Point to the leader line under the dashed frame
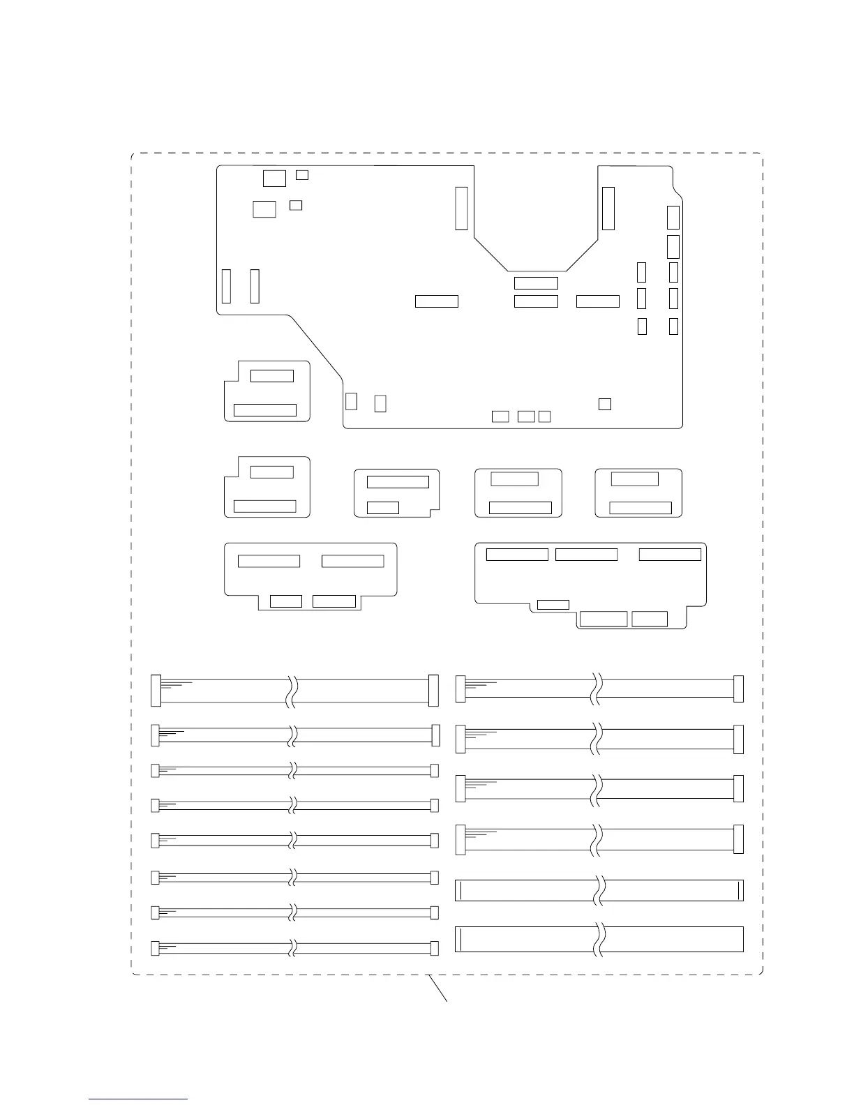pyautogui.click(x=437, y=989)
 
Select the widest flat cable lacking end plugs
pyautogui.click(x=599, y=939)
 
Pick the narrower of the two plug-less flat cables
pyautogui.click(x=599, y=891)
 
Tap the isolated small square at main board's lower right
pyautogui.click(x=605, y=404)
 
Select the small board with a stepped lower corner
pyautogui.click(x=396, y=493)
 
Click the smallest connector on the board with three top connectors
pyautogui.click(x=553, y=604)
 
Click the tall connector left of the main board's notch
pyautogui.click(x=461, y=208)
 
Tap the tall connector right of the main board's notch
pyautogui.click(x=608, y=208)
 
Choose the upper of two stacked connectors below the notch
pyautogui.click(x=536, y=283)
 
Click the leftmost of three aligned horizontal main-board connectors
pyautogui.click(x=437, y=301)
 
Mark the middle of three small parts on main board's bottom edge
pyautogui.click(x=526, y=416)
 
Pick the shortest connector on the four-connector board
pyautogui.click(x=286, y=601)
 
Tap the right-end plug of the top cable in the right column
pyautogui.click(x=739, y=689)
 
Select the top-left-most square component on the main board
pyautogui.click(x=274, y=178)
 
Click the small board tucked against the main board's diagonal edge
pyautogui.click(x=267, y=391)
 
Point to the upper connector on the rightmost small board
pyautogui.click(x=634, y=479)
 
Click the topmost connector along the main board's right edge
pyautogui.click(x=673, y=218)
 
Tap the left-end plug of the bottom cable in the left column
pyautogui.click(x=156, y=948)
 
